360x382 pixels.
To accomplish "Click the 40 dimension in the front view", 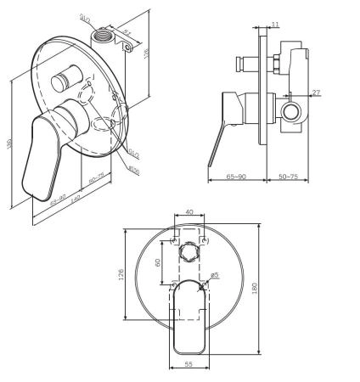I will coord(189,212).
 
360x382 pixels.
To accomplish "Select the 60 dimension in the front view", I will coord(159,261).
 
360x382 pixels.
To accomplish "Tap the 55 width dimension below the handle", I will coord(189,363).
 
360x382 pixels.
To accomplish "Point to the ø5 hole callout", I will coord(215,275).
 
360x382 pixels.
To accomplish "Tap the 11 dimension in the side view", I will coord(276,25).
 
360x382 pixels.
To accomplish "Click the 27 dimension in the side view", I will coord(315,93).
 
